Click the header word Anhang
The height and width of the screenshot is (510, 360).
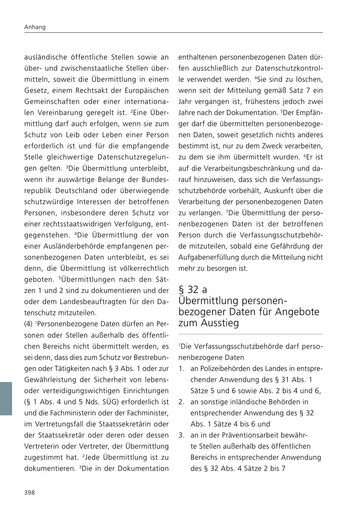click(x=35, y=27)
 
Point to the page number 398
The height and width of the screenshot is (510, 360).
click(x=30, y=492)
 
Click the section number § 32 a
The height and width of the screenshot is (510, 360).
click(x=193, y=289)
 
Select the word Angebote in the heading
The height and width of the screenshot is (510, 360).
click(x=297, y=312)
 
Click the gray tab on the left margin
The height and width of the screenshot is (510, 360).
click(x=6, y=398)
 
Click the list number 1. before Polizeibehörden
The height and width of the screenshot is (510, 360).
click(x=182, y=369)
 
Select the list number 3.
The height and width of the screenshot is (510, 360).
click(x=182, y=435)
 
